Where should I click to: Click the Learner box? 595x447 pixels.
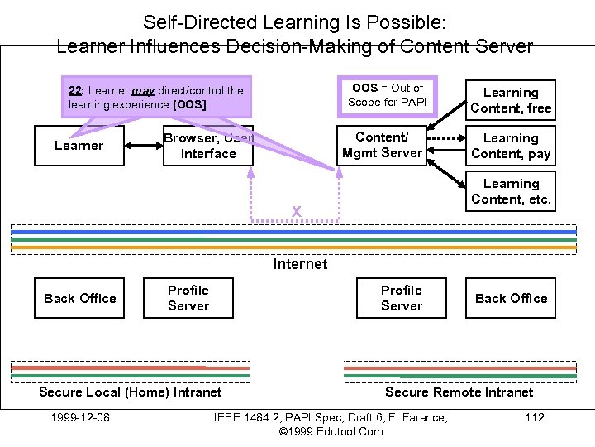[79, 146]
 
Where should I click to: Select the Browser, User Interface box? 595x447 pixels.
[208, 147]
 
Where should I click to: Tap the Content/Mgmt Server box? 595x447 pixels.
[382, 145]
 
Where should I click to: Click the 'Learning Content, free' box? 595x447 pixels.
[510, 100]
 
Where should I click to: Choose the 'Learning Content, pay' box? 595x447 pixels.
[510, 146]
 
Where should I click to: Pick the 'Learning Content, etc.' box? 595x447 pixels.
[510, 191]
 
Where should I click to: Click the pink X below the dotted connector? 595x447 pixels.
[296, 213]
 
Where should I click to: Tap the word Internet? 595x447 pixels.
[299, 264]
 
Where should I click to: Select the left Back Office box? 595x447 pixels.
[79, 298]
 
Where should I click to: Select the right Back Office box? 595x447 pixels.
[510, 298]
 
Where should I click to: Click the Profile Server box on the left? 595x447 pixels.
[188, 298]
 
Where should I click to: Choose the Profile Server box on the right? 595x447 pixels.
[402, 298]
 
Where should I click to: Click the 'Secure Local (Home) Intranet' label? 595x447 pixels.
[131, 392]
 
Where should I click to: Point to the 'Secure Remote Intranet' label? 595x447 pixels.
[459, 392]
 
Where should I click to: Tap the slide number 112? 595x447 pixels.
[535, 417]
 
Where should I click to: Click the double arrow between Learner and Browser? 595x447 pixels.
[144, 146]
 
